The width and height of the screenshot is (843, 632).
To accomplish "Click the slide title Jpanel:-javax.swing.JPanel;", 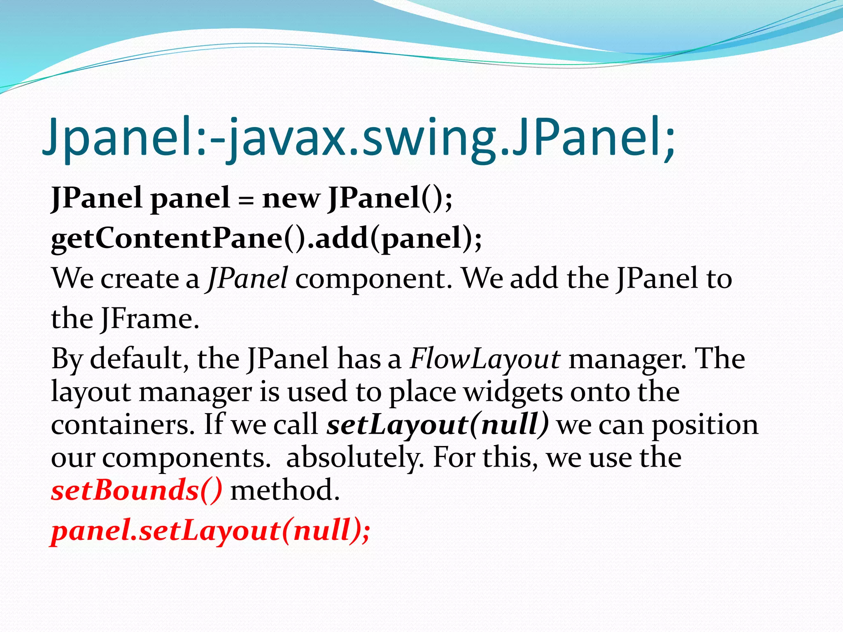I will click(358, 138).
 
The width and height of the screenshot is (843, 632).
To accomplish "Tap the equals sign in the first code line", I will click(246, 200).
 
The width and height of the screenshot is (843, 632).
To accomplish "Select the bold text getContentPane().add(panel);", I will click(266, 239).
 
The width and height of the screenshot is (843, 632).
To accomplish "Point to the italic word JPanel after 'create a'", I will click(247, 279).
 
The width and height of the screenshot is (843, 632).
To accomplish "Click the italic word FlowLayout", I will click(484, 359).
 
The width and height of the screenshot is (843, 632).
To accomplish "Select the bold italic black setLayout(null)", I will click(438, 425).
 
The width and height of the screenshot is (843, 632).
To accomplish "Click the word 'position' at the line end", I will click(705, 425).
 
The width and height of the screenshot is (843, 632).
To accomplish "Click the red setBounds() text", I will click(137, 490).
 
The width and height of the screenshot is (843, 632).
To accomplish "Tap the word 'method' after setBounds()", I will click(285, 490).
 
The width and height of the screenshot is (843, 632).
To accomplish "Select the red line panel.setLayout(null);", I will click(210, 531).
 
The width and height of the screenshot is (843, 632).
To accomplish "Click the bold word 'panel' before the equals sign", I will click(190, 199).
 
